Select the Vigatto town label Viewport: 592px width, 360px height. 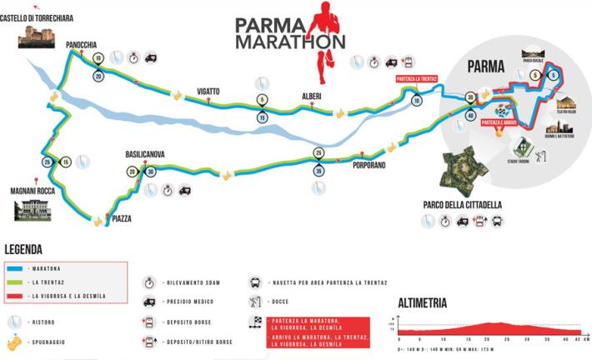tap(208, 90)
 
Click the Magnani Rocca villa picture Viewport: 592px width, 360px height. tap(33, 207)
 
